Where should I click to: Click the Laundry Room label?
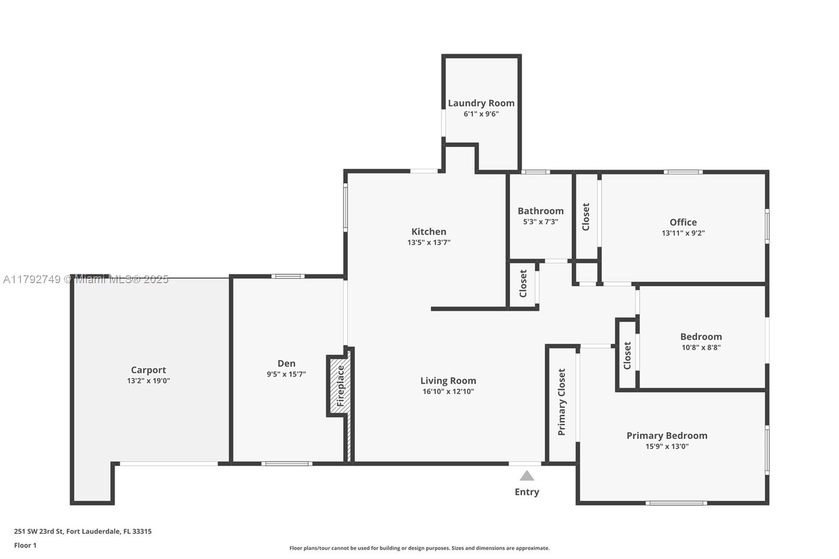tap(481, 103)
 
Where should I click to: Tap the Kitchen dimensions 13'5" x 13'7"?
tap(429, 242)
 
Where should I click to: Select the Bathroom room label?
tap(541, 211)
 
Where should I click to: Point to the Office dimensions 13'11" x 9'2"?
tap(683, 233)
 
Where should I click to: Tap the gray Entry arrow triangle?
tap(526, 476)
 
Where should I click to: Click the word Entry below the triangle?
tap(526, 492)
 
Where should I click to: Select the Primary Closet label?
tap(562, 402)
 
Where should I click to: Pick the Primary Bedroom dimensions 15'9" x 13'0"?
tap(667, 446)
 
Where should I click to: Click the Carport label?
tap(148, 370)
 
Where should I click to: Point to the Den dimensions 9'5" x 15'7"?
tap(286, 374)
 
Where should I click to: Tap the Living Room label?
tap(448, 381)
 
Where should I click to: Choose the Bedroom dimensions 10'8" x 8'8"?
tap(701, 347)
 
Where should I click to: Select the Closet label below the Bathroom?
tap(523, 284)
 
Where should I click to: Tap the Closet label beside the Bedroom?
tap(627, 356)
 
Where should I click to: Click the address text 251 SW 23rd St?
tap(39, 531)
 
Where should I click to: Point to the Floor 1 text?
tap(26, 545)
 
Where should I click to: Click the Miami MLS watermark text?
tap(86, 279)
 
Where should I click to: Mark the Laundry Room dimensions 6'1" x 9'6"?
tap(481, 114)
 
